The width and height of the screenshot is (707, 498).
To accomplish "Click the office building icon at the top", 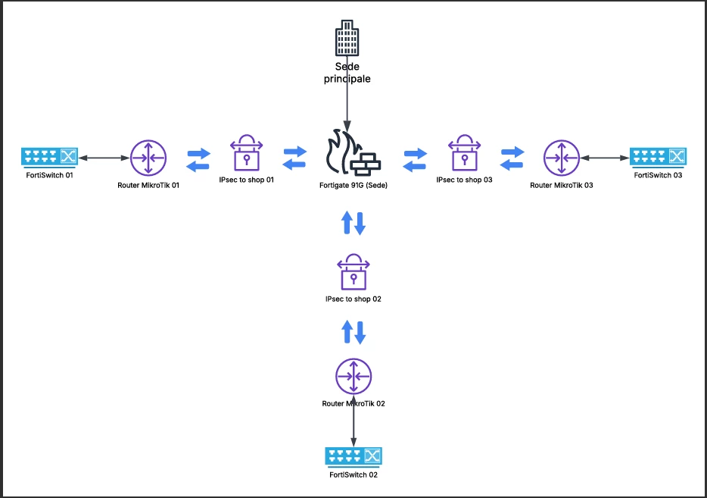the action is click(x=347, y=38).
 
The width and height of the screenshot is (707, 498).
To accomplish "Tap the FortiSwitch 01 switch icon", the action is click(x=50, y=157).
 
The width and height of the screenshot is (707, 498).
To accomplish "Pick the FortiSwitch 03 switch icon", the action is click(x=658, y=157).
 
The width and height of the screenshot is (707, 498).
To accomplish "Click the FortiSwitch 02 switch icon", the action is click(x=353, y=457).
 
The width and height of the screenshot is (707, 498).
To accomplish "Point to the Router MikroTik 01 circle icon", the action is click(x=148, y=158).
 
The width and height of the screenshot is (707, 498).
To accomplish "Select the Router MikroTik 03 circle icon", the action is click(x=562, y=158).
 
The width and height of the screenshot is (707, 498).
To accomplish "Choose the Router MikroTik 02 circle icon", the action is click(x=353, y=377).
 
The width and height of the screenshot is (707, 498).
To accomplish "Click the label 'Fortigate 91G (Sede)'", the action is click(x=353, y=185).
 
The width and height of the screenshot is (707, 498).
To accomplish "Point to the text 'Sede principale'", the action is click(x=347, y=73).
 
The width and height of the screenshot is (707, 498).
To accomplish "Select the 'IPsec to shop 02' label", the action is click(x=353, y=299).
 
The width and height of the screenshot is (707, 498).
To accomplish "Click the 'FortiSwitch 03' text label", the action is click(x=658, y=175).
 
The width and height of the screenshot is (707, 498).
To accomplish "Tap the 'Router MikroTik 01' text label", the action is click(x=148, y=185).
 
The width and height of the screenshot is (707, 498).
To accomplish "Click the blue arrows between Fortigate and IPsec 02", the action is click(x=353, y=223).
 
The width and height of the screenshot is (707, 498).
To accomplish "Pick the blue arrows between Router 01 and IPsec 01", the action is click(x=198, y=160).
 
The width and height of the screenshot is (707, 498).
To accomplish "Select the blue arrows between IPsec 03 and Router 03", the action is click(x=512, y=158).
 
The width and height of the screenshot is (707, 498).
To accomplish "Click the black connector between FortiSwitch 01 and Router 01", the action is click(x=104, y=158).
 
